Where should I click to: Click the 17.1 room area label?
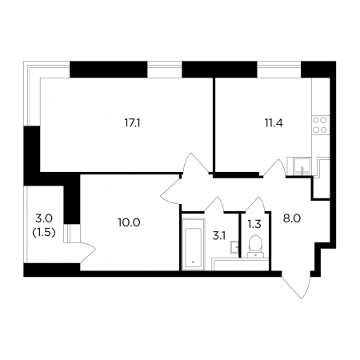[132, 123]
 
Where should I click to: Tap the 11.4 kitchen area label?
[274, 123]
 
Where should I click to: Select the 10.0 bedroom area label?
[129, 222]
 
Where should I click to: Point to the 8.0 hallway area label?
[292, 218]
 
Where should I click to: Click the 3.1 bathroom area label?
[219, 236]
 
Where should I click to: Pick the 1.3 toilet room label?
[254, 225]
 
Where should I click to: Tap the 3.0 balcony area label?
[44, 218]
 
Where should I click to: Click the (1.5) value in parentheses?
[44, 233]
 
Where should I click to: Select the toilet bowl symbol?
[255, 246]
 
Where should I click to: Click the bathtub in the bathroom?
[193, 244]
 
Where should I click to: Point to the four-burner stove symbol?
[320, 125]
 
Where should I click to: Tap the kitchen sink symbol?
[302, 166]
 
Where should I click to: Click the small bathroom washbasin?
[234, 246]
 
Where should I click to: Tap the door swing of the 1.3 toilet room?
[256, 205]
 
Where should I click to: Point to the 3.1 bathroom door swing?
[215, 205]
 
